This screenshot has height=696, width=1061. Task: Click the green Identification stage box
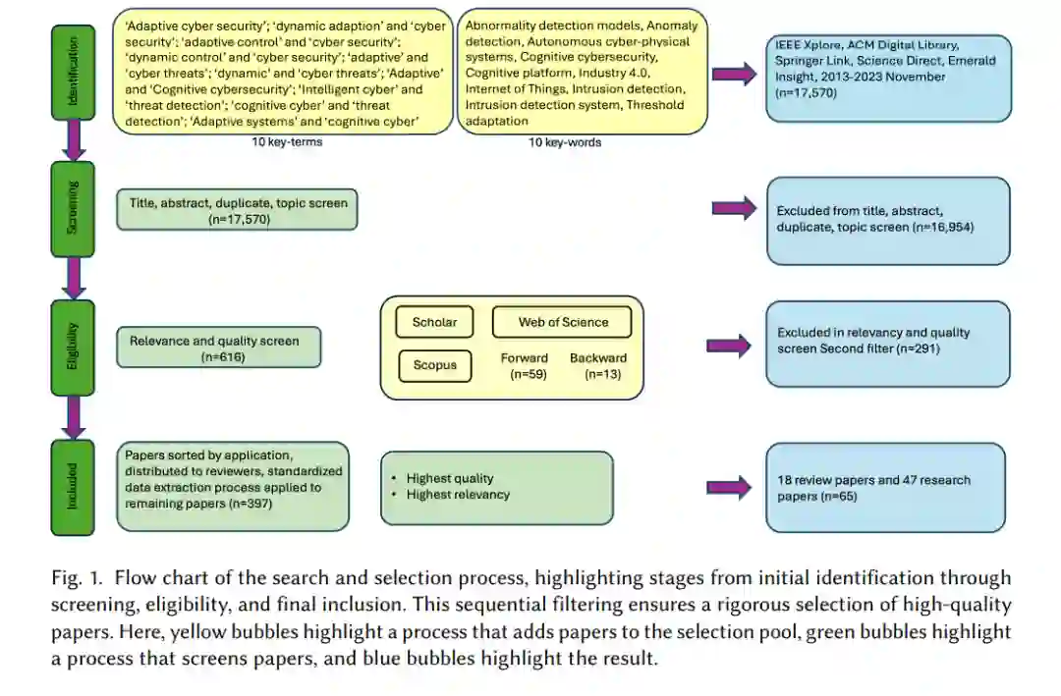click(x=73, y=72)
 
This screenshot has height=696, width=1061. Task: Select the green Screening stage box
click(x=73, y=208)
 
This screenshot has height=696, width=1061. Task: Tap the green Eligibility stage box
click(x=73, y=348)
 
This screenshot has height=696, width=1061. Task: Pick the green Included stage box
click(x=73, y=487)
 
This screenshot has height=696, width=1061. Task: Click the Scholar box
click(x=434, y=322)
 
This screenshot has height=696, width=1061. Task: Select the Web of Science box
click(x=563, y=322)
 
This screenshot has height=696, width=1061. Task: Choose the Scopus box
click(x=434, y=365)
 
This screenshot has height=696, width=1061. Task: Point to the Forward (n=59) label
click(x=524, y=366)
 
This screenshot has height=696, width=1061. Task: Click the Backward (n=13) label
click(x=597, y=366)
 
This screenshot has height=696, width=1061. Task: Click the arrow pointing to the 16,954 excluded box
click(x=734, y=207)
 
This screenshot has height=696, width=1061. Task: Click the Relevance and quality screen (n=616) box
click(x=218, y=348)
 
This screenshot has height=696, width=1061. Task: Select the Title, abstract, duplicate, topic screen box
click(x=237, y=210)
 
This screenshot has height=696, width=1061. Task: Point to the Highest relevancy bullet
click(x=458, y=495)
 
